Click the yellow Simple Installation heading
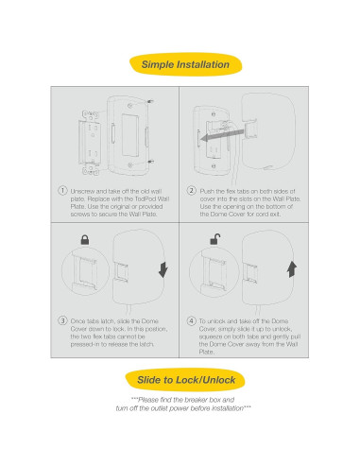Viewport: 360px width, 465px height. tap(185, 64)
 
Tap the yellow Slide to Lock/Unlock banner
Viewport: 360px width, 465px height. tap(185, 380)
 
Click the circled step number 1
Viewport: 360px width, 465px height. tap(62, 191)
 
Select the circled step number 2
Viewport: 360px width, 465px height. tap(191, 191)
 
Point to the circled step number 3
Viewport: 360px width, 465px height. tap(62, 320)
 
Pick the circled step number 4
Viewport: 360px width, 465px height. tap(191, 320)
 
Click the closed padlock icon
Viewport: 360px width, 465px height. tap(85, 240)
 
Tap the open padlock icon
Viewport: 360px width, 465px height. tap(214, 239)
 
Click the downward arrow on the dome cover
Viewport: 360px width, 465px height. tap(163, 270)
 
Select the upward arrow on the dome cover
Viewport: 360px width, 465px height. tap(292, 269)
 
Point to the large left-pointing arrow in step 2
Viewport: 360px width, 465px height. tap(223, 135)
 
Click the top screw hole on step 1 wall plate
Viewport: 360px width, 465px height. tap(129, 106)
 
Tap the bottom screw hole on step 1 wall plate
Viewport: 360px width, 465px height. tap(129, 165)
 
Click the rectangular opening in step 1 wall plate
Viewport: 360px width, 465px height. tap(130, 135)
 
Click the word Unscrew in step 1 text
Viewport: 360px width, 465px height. tap(82, 191)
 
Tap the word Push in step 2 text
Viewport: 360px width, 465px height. tap(207, 191)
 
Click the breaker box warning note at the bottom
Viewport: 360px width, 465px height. tap(183, 404)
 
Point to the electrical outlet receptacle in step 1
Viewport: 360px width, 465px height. tap(91, 143)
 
